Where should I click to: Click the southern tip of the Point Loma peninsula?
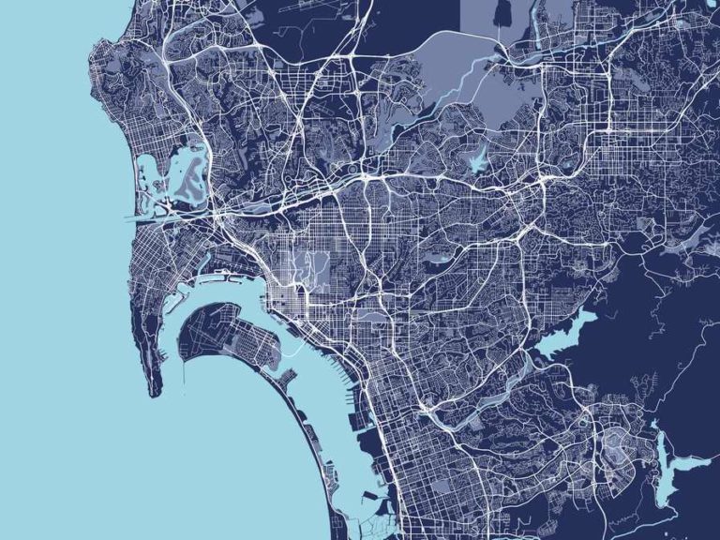pyautogui.click(x=151, y=391)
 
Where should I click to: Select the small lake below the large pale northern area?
pyautogui.click(x=479, y=160)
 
